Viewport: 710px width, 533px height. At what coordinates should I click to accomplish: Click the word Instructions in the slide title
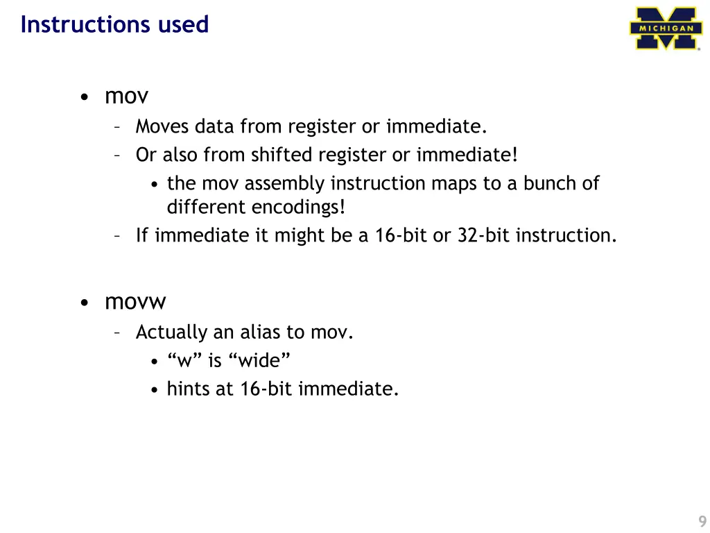click(x=76, y=24)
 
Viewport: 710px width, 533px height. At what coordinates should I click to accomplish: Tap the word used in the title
click(x=183, y=24)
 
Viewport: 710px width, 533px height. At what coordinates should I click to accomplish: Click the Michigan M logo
click(x=664, y=28)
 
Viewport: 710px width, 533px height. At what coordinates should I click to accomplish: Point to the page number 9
click(x=702, y=523)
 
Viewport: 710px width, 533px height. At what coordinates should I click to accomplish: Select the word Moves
click(x=163, y=126)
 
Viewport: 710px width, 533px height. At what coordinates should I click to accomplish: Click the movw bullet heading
click(x=136, y=302)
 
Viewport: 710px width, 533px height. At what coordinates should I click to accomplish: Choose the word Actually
click(x=171, y=332)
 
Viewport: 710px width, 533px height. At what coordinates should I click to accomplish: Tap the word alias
click(x=261, y=332)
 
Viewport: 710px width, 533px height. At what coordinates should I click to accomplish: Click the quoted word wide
click(x=263, y=361)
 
